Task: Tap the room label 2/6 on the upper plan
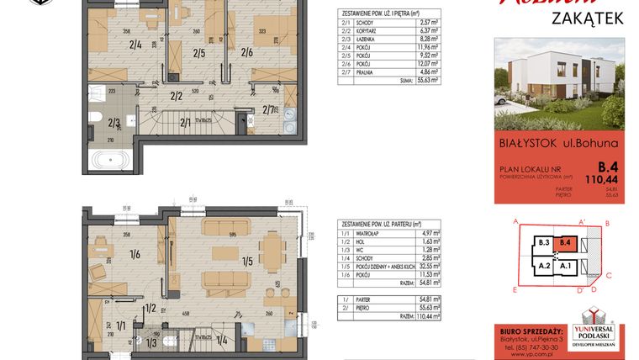[x=246, y=52]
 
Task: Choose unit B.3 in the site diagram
[x=543, y=243]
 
